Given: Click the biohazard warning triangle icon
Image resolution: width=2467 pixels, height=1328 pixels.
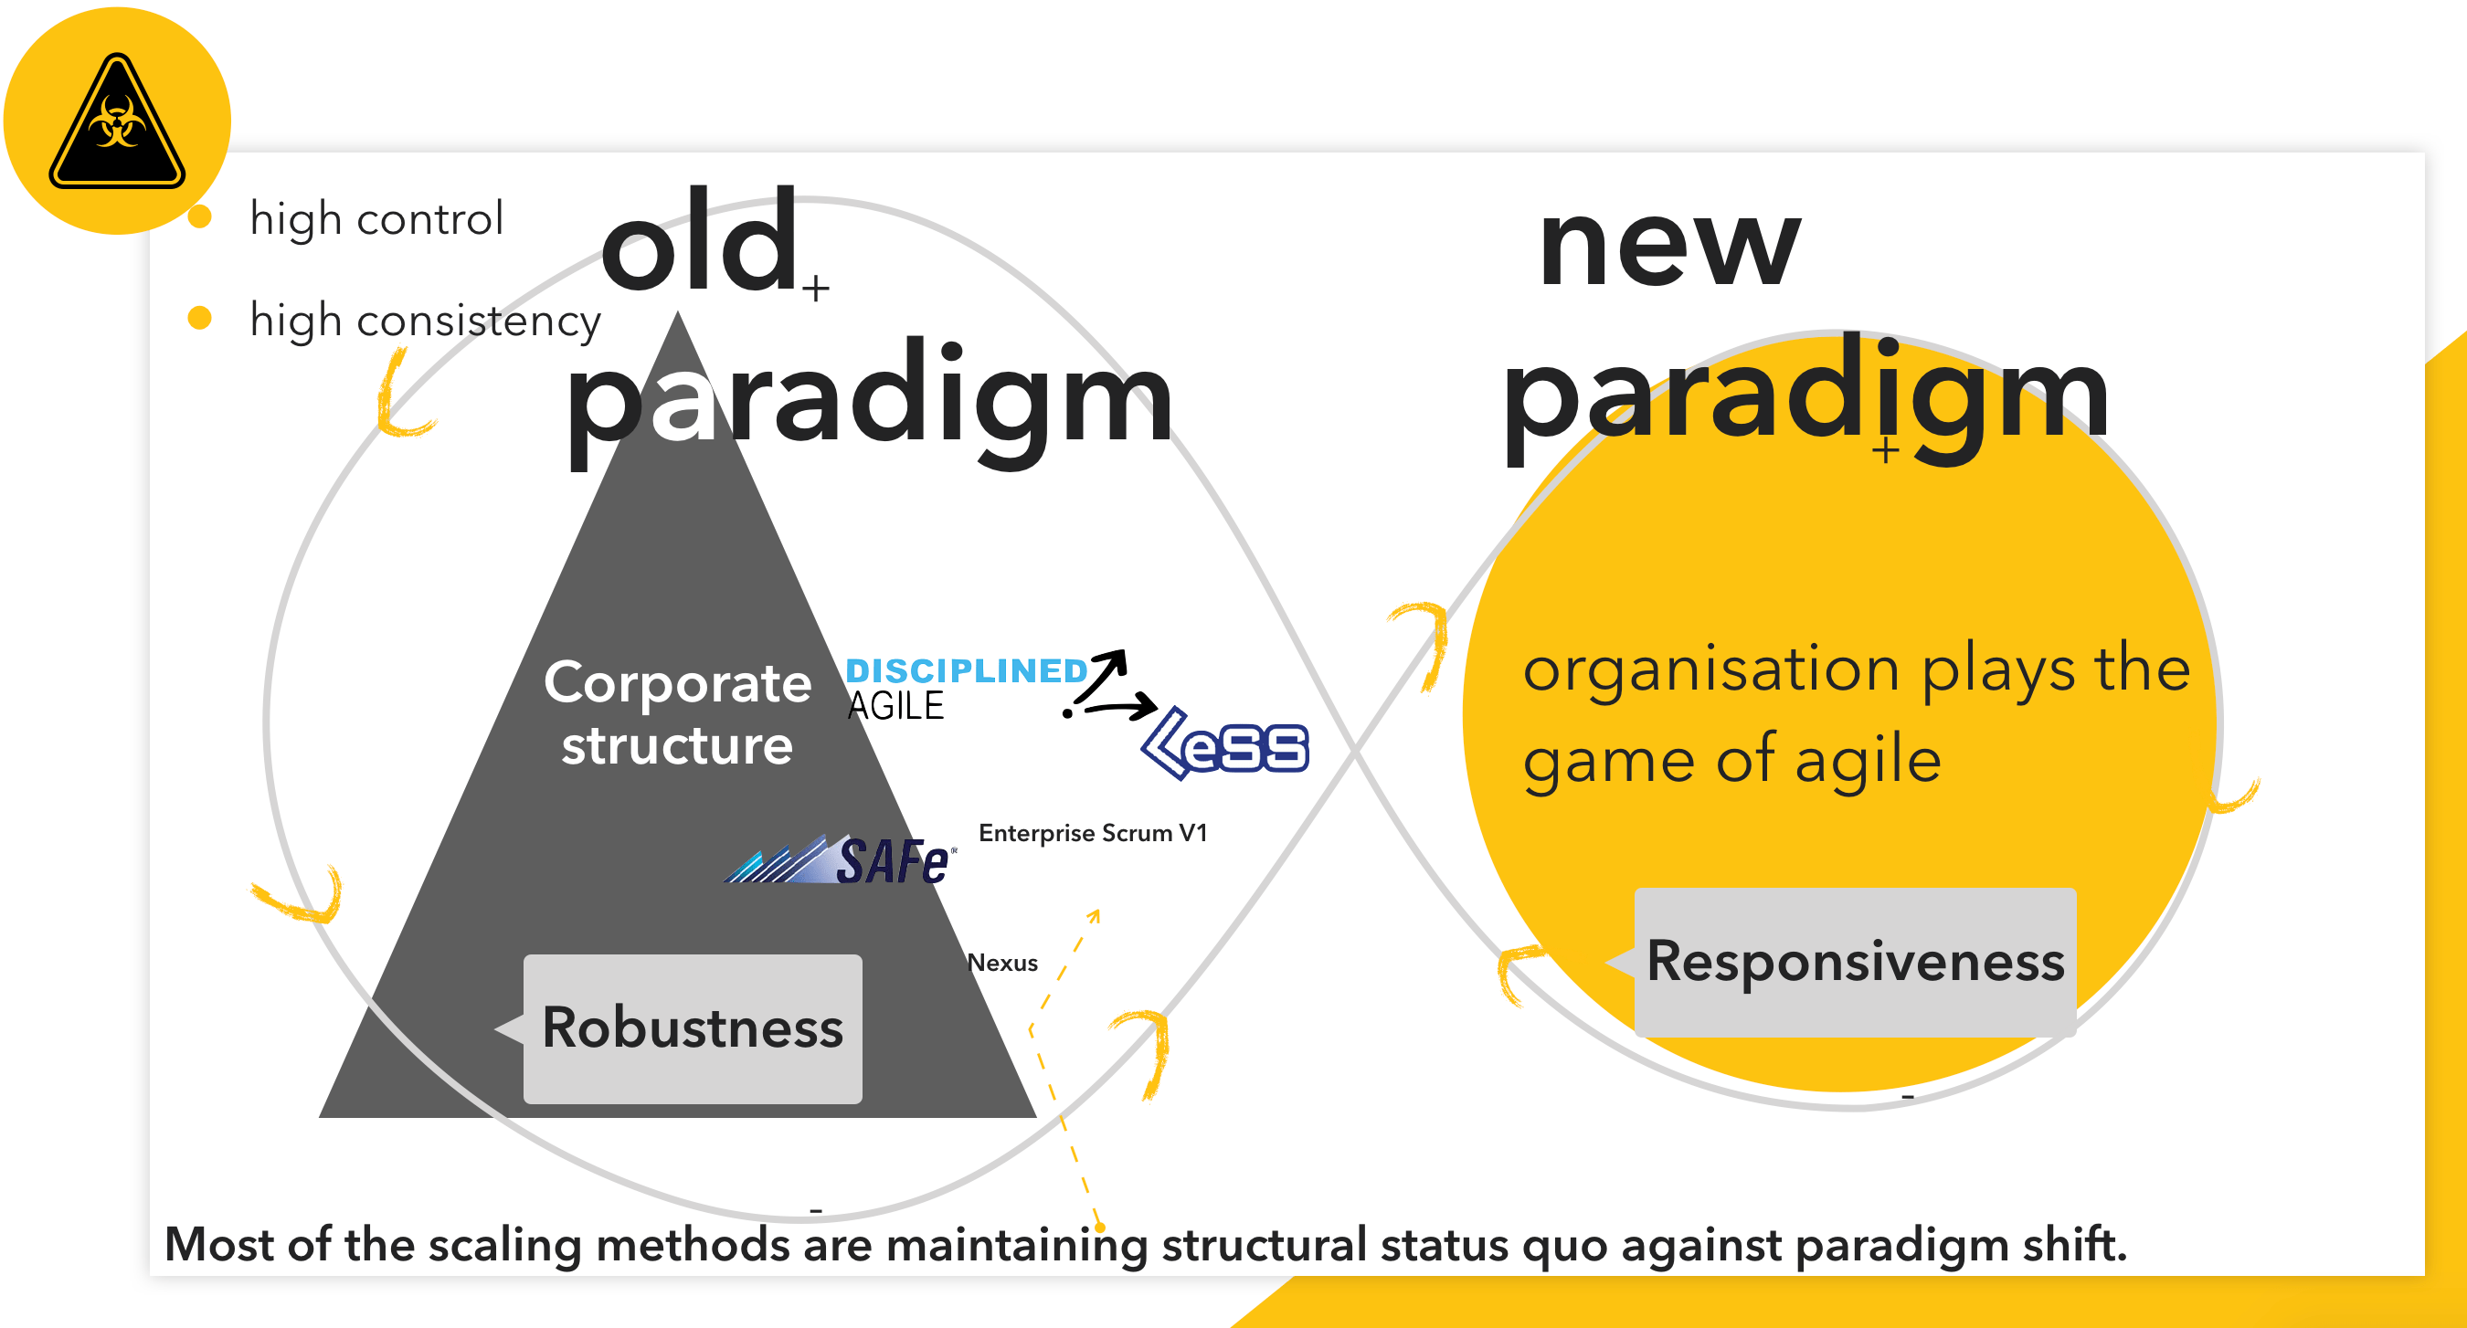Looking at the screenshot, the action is tap(117, 121).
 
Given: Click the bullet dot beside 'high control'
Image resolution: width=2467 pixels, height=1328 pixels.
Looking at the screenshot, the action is tap(199, 216).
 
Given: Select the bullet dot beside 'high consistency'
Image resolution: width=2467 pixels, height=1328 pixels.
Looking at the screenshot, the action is tap(199, 317).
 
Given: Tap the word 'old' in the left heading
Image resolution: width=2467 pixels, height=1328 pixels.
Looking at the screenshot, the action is tap(699, 239).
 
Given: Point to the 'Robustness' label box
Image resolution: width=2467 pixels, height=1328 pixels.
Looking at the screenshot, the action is tap(692, 1028).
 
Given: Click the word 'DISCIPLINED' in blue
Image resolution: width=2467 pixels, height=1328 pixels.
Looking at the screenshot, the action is tap(967, 670).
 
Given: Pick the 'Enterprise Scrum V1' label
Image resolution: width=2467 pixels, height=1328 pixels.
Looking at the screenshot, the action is tap(1093, 833).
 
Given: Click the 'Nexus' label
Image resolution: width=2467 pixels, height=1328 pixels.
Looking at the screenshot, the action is tap(1001, 963).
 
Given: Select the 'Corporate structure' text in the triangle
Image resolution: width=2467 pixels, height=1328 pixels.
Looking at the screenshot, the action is tap(677, 713).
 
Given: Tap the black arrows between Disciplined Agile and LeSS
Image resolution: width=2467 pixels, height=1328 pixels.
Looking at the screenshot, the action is tap(1109, 687).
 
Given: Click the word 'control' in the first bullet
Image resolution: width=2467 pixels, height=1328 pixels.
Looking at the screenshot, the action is tap(430, 219).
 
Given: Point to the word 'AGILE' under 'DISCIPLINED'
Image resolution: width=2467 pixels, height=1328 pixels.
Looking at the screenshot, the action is tap(895, 706).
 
